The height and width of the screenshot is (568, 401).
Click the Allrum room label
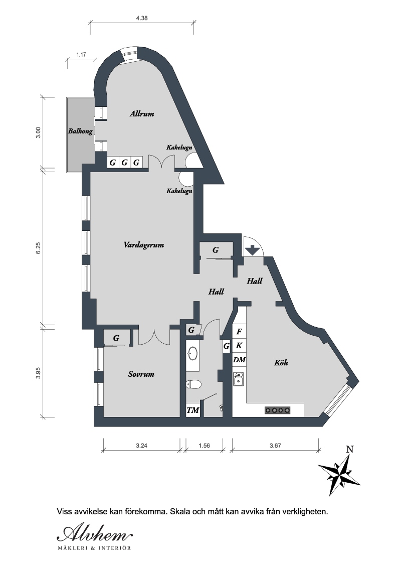point(142,114)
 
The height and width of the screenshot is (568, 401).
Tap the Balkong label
point(80,131)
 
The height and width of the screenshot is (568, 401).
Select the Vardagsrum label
point(144,245)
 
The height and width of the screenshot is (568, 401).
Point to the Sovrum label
point(141,374)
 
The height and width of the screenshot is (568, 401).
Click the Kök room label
point(281,362)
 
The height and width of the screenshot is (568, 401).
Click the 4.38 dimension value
point(142,18)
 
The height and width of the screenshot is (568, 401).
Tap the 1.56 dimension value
point(204,446)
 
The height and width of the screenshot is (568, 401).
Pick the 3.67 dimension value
point(275,446)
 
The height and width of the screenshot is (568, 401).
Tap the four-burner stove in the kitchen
point(278,410)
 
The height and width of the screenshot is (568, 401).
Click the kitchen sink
point(238,378)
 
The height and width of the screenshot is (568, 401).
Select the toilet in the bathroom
point(193,384)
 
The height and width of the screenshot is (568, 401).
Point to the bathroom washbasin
point(192,354)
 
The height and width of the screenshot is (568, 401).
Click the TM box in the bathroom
point(193,410)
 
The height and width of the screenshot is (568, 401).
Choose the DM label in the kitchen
point(239,360)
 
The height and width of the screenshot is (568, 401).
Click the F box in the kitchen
point(239,332)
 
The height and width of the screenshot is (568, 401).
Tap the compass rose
point(339,474)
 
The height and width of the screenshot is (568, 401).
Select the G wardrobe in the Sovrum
point(116,338)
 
